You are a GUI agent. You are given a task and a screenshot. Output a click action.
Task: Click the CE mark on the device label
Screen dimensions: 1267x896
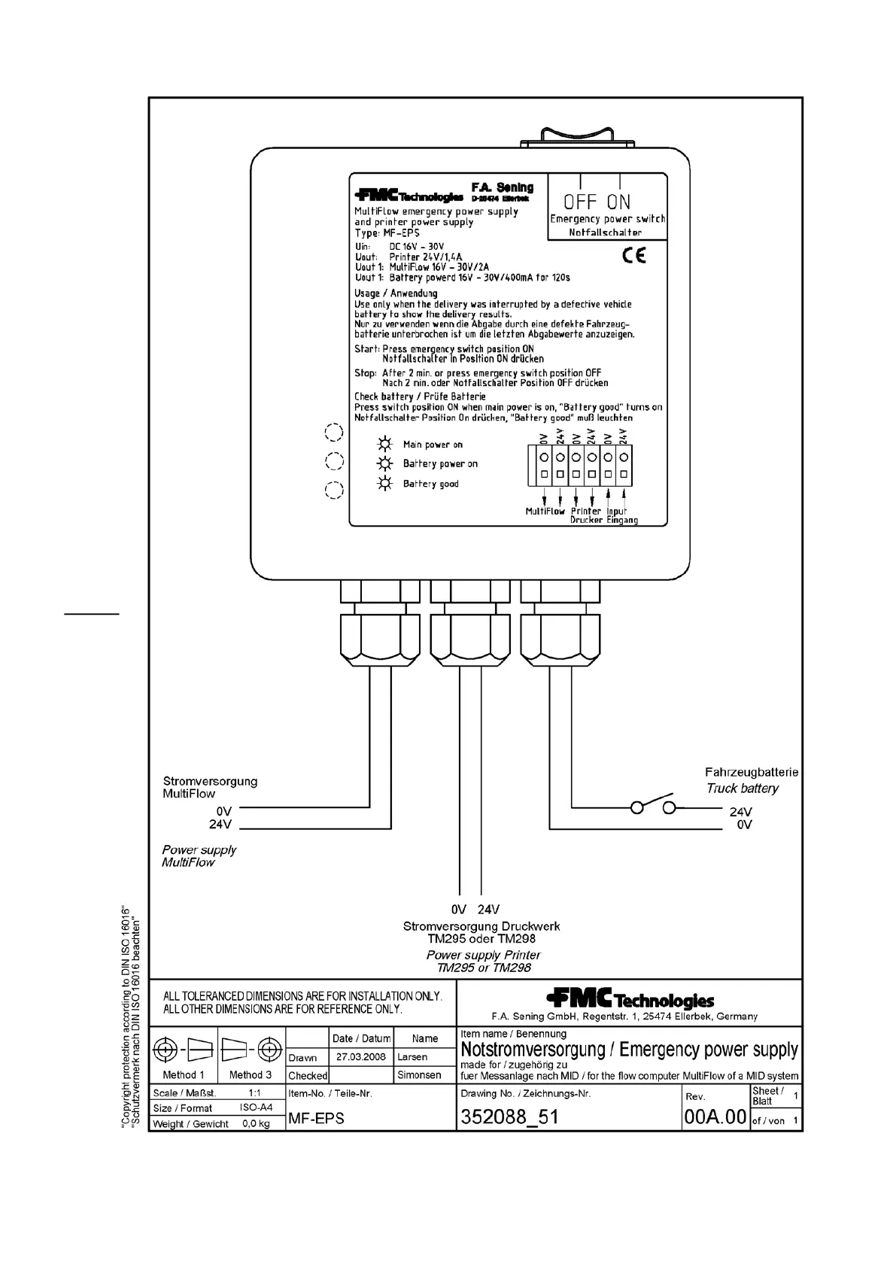[x=633, y=257]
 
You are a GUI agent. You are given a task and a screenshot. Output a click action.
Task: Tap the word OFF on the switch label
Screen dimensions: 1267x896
[x=580, y=202]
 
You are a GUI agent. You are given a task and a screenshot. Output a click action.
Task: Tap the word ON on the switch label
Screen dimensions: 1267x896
[x=619, y=202]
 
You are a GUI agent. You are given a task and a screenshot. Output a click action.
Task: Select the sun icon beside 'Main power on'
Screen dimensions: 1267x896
[x=385, y=444]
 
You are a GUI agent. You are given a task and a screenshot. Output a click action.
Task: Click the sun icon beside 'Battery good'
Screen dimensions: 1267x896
[x=385, y=484]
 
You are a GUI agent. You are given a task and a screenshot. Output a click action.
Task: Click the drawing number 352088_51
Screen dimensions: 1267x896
[x=509, y=1117]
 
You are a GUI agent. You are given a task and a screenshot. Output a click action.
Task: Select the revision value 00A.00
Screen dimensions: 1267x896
[x=715, y=1117]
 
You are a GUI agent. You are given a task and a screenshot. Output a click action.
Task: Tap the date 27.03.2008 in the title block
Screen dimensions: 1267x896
[x=361, y=1056]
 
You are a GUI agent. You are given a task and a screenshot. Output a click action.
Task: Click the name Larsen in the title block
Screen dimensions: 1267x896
[x=412, y=1057]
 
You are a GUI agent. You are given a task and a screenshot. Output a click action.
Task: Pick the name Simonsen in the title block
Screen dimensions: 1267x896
[x=419, y=1075]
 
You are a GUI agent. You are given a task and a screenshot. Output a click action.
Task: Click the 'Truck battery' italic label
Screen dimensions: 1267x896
[x=742, y=788]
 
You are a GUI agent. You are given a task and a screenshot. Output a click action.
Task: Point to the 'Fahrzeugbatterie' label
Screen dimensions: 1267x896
[x=751, y=772]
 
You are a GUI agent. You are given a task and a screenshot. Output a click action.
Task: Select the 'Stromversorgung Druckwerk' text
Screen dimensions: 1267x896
[x=481, y=927]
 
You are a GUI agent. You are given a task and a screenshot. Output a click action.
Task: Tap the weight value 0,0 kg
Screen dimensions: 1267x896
[x=256, y=1123]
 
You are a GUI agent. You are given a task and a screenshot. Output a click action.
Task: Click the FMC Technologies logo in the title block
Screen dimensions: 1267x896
[x=630, y=999]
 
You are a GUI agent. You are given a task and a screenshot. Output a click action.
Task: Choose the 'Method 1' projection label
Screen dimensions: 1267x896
[x=184, y=1075]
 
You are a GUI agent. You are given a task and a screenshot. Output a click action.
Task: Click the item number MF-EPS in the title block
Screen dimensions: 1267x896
[x=316, y=1119]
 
